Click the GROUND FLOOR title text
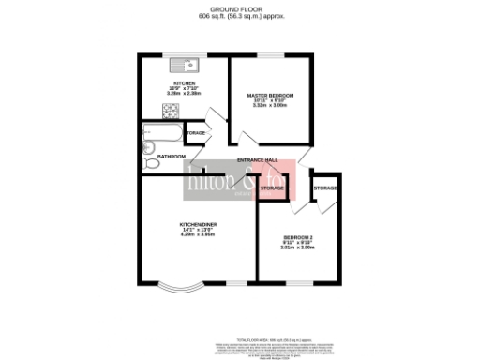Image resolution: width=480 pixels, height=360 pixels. [239, 9]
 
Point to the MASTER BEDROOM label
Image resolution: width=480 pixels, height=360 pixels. [270, 96]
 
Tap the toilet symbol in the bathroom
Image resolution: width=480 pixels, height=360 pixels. [153, 164]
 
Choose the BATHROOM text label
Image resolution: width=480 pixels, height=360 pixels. [171, 156]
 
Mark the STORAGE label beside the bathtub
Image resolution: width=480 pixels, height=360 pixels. [196, 133]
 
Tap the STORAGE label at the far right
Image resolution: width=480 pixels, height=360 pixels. [325, 189]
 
